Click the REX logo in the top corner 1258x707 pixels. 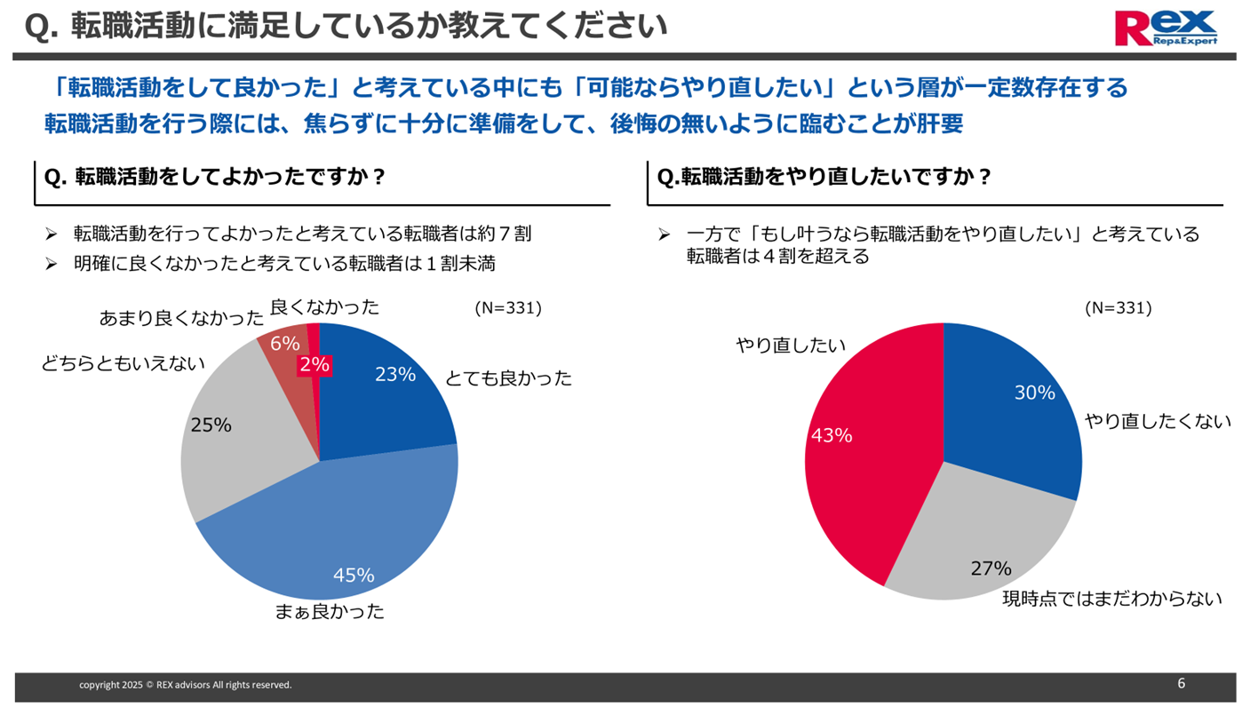(x=1166, y=28)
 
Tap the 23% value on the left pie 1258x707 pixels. (x=395, y=375)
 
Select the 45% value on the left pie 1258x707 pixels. (x=354, y=576)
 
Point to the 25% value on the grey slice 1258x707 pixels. (x=211, y=425)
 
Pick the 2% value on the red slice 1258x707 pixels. (x=314, y=364)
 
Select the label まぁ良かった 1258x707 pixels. (x=329, y=611)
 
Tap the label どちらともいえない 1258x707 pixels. (x=123, y=363)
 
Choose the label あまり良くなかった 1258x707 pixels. (x=181, y=318)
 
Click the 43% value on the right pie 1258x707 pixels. (x=831, y=435)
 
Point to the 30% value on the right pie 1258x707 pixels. (x=1034, y=393)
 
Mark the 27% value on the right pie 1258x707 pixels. (x=991, y=568)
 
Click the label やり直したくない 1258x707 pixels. (x=1158, y=422)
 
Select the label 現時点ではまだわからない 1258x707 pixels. (x=1112, y=599)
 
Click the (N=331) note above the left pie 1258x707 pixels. (x=508, y=308)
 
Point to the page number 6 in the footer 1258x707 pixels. (x=1181, y=683)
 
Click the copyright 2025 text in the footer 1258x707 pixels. (x=185, y=685)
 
